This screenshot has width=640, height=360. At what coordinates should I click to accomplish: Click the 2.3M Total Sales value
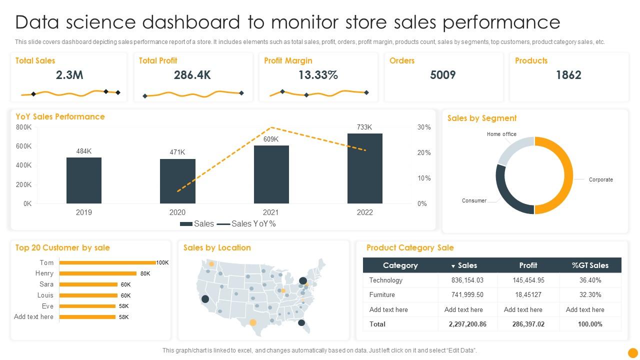coord(69,75)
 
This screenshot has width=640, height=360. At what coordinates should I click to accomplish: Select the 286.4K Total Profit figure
coord(192,75)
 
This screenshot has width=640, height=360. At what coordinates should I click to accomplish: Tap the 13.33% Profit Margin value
coord(318,75)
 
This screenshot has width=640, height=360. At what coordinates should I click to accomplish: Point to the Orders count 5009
coord(442,75)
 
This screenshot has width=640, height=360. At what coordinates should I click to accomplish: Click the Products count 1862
coord(568,75)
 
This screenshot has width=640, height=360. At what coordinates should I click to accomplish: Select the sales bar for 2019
coord(84,180)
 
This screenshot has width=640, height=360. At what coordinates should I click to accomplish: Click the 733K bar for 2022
coord(365,168)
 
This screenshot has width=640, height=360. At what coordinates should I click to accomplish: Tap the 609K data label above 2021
coord(271,139)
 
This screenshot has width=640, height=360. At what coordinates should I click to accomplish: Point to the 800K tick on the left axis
coord(24,127)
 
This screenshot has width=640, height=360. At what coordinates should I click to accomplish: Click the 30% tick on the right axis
coord(424,127)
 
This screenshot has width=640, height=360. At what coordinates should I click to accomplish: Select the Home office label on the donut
coord(501,134)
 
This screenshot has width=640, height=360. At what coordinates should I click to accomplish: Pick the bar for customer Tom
coord(107,262)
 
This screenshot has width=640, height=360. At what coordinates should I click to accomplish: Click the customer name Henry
coord(44,273)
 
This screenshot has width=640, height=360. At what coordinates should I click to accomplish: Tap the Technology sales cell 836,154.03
coord(467,280)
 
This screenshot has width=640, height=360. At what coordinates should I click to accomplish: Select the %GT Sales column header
coord(590,265)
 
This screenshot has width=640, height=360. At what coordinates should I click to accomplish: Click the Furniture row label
coord(382,295)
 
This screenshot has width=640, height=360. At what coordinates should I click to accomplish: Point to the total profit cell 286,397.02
coord(528,324)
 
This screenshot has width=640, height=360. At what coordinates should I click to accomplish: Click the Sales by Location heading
coord(217,247)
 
